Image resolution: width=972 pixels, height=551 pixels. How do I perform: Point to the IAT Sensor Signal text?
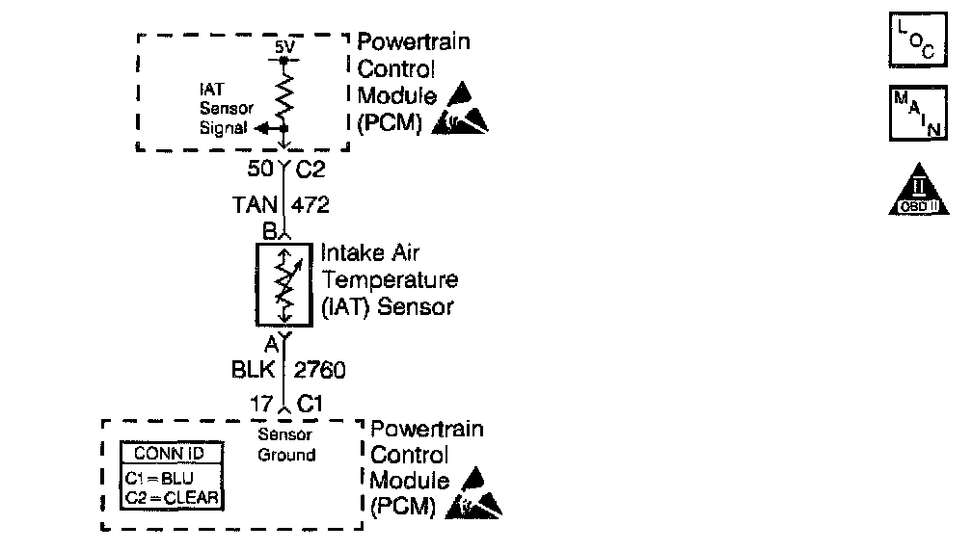[221, 107]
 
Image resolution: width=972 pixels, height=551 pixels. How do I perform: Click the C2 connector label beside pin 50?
[310, 171]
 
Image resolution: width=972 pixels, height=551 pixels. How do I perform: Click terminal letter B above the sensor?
[269, 231]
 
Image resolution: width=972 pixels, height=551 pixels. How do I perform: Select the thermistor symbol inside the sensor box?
[283, 283]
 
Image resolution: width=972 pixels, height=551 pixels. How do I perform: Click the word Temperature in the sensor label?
[390, 280]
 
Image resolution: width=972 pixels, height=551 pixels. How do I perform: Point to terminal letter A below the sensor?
[271, 342]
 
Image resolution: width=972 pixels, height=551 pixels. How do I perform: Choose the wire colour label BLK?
[254, 369]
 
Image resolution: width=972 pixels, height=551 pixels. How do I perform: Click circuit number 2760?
[320, 369]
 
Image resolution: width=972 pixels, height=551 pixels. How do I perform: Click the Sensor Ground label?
[286, 444]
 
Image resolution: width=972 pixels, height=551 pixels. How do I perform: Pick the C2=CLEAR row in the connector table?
[171, 497]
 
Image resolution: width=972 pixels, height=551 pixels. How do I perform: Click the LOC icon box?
[910, 41]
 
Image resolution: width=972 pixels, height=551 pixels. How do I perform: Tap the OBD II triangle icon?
[912, 192]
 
